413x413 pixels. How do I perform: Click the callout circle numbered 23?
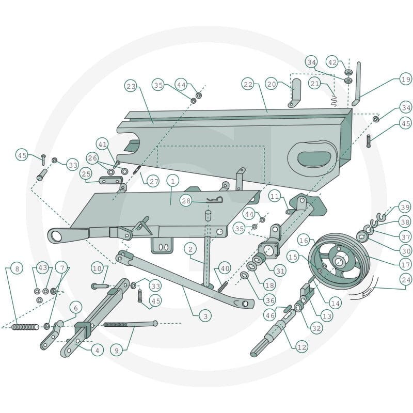pyautogui.click(x=131, y=86)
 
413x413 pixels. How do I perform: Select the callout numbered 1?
pyautogui.click(x=173, y=181)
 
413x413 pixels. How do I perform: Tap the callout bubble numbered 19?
pyautogui.click(x=406, y=79)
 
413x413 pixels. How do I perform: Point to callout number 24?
pyautogui.click(x=406, y=279)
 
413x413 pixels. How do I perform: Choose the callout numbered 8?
pyautogui.click(x=17, y=268)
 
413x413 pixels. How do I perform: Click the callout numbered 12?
pyautogui.click(x=301, y=347)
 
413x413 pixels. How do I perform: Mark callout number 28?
pyautogui.click(x=186, y=201)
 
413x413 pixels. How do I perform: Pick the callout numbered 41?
pyautogui.click(x=103, y=145)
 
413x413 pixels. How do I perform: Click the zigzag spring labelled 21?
pyautogui.click(x=333, y=100)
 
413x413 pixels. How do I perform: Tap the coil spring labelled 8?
pyautogui.click(x=25, y=327)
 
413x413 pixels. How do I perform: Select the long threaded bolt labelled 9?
pyautogui.click(x=131, y=324)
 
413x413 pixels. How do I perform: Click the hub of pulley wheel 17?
pyautogui.click(x=340, y=261)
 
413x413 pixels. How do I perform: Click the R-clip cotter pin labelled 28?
pyautogui.click(x=215, y=200)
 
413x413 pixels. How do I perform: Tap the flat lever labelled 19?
pyautogui.click(x=356, y=84)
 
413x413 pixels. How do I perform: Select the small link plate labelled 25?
pyautogui.click(x=110, y=181)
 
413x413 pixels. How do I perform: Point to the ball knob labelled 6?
pyautogui.click(x=60, y=324)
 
